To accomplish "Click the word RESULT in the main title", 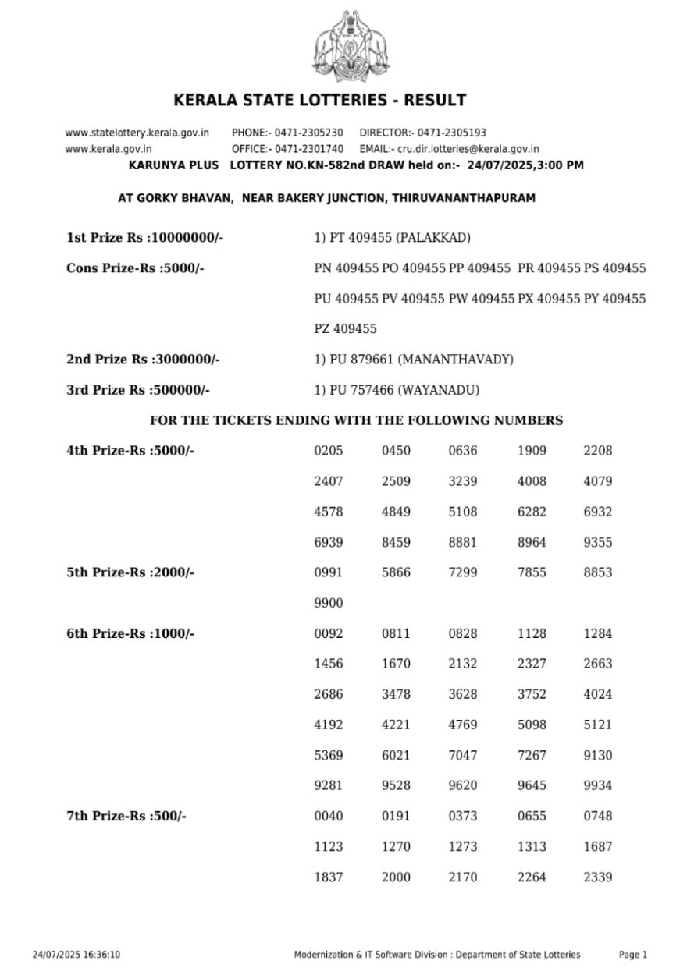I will tap(437, 101).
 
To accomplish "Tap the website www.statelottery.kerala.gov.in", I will tap(137, 133).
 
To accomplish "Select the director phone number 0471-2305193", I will tap(451, 133).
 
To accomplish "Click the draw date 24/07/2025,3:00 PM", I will tap(525, 165).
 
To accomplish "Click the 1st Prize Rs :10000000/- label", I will tap(145, 238).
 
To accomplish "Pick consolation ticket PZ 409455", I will tap(345, 329).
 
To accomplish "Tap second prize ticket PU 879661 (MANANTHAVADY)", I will tap(414, 360).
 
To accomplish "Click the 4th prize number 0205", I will tap(328, 451).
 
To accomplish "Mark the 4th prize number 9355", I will tap(598, 542).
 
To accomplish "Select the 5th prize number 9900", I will tap(328, 603).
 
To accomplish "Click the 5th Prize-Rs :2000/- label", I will tap(130, 572).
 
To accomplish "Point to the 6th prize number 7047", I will tap(463, 755).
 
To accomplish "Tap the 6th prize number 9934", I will tap(598, 785).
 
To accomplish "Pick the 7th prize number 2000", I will tap(396, 877).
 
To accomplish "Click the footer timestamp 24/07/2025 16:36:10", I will tap(76, 955).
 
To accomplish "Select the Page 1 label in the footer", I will tap(633, 955).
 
